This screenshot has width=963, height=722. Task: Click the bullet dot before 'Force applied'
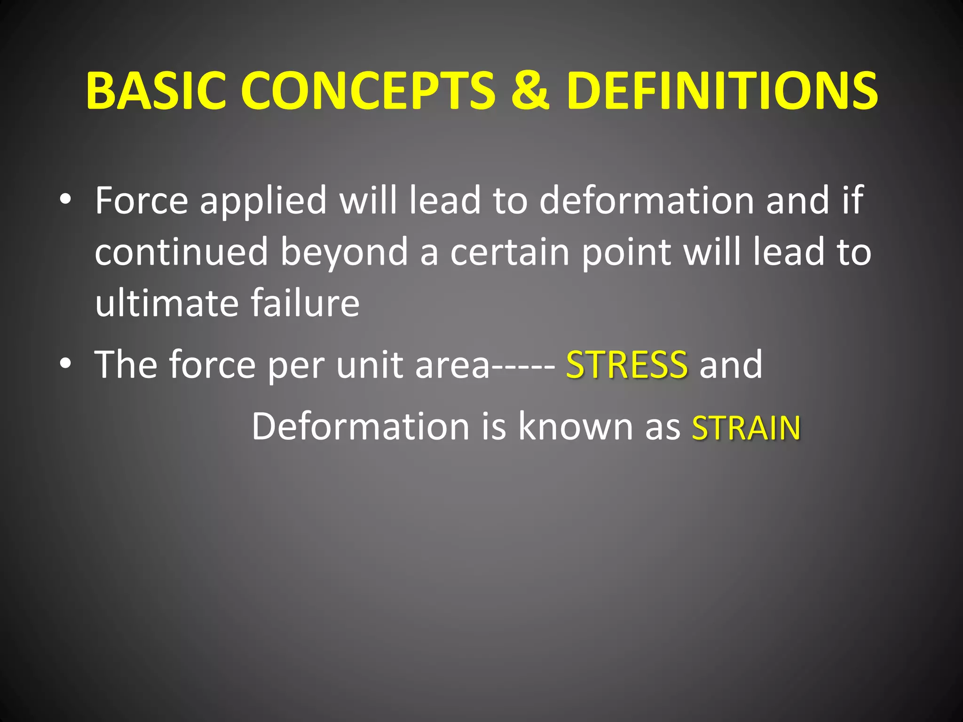pyautogui.click(x=65, y=199)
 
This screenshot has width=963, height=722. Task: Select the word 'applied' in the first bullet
pyautogui.click(x=263, y=201)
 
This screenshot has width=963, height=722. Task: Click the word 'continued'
pyautogui.click(x=181, y=252)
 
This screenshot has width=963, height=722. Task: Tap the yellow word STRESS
pyautogui.click(x=627, y=365)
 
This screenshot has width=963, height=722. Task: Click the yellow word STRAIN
pyautogui.click(x=746, y=428)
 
